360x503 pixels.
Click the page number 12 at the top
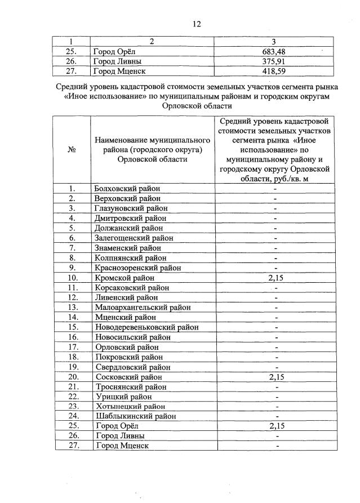pos(196,24)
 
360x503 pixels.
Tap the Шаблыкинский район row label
pos(133,416)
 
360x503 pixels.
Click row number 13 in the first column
pos(72,308)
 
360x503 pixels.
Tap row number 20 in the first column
pos(72,377)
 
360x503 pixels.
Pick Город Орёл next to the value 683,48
pos(118,51)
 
